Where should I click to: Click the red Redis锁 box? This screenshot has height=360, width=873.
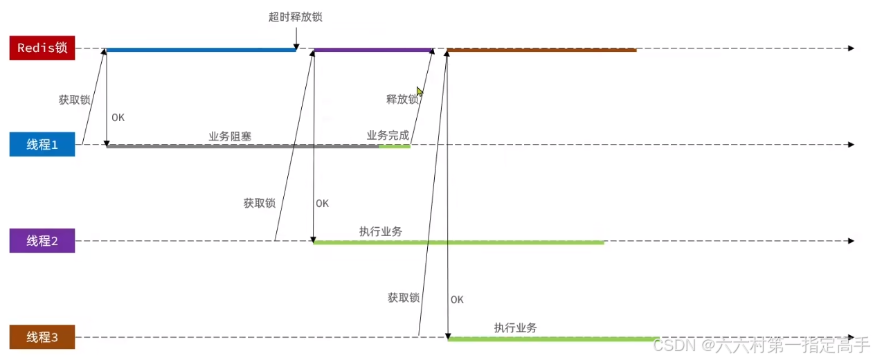42,48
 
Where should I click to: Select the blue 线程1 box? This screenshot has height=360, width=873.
42,145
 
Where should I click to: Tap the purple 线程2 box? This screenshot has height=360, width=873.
42,241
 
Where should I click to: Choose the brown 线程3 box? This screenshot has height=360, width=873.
42,338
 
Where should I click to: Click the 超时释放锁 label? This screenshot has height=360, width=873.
296,17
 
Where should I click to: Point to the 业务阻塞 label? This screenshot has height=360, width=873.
230,136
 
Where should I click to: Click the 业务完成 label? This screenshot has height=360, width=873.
388,135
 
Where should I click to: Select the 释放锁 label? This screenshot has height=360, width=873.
402,99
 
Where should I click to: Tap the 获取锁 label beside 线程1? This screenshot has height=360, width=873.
74,100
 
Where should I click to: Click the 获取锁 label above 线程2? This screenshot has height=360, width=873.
259,204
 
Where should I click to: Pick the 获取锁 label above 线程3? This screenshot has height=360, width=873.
404,298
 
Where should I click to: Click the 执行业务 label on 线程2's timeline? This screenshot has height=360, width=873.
381,231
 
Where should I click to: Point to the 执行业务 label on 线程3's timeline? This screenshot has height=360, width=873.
515,327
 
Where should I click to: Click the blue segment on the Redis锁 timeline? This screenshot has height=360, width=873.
201,50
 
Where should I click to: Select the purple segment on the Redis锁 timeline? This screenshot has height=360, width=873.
373,50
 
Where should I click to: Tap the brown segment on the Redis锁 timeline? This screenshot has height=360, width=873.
541,50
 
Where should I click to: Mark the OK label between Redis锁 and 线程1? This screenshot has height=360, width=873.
118,118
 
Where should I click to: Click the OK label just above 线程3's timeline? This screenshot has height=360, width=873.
457,300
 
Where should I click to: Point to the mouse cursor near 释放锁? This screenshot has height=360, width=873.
420,92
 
